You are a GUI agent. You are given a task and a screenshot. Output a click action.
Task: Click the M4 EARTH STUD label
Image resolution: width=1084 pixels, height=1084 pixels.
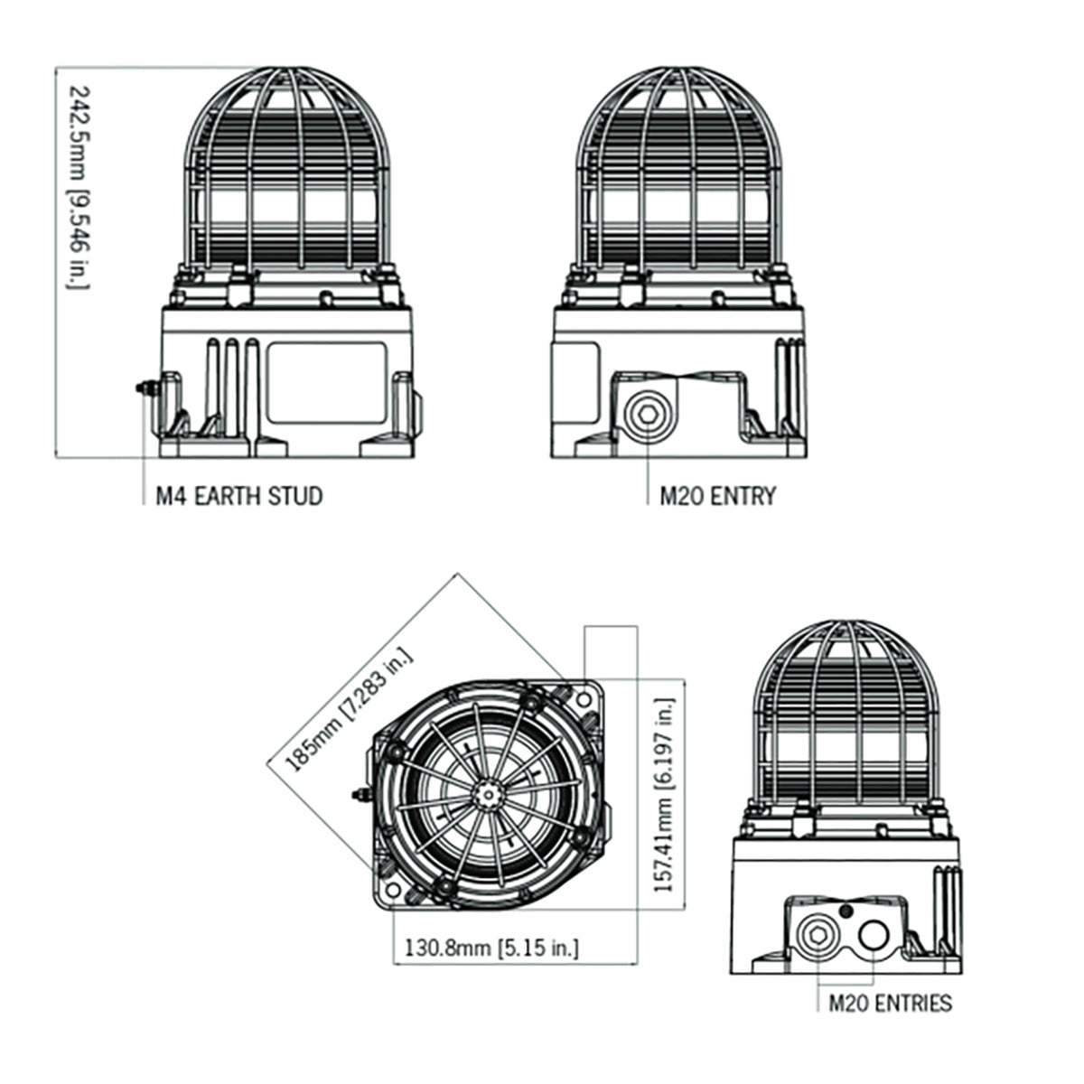[x=238, y=496]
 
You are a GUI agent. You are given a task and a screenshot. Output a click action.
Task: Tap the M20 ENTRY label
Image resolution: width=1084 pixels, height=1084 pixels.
[x=717, y=496]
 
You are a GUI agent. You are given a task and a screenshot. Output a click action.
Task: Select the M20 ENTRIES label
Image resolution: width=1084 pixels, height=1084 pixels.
[x=890, y=1003]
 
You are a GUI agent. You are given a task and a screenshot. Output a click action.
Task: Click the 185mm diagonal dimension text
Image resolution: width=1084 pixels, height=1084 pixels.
[x=348, y=709]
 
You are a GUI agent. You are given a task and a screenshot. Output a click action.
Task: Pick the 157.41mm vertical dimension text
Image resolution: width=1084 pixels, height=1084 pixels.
[x=666, y=795]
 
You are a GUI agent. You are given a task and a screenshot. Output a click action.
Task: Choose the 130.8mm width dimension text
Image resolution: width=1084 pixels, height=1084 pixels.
[x=491, y=948]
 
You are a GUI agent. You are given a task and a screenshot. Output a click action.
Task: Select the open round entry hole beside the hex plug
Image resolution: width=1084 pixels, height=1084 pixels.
[x=873, y=935]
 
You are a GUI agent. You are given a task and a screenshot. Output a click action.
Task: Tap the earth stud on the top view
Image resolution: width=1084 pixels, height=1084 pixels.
[x=359, y=795]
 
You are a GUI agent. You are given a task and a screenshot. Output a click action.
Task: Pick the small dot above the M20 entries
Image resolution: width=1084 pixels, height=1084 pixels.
[x=846, y=909]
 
